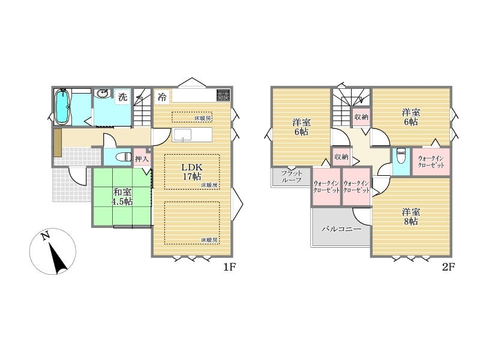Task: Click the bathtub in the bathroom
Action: (x=62, y=107)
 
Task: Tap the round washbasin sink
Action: (x=101, y=94)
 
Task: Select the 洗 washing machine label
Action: (x=123, y=97)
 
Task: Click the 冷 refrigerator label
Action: (x=162, y=97)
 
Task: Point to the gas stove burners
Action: (x=223, y=95)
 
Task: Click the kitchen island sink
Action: (x=182, y=134)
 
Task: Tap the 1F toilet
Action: (x=123, y=157)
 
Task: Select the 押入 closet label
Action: (x=142, y=159)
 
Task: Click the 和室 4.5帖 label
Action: (x=122, y=197)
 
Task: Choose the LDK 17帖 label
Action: (x=192, y=172)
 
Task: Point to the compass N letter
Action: (x=46, y=236)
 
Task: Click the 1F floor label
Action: (x=229, y=267)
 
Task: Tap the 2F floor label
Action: (x=448, y=267)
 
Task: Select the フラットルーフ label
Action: (x=292, y=176)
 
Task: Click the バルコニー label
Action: (x=341, y=229)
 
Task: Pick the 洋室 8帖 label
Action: (x=411, y=217)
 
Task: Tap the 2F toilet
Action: (x=401, y=156)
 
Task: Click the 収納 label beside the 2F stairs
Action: (x=361, y=116)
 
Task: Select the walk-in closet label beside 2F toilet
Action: (x=431, y=161)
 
